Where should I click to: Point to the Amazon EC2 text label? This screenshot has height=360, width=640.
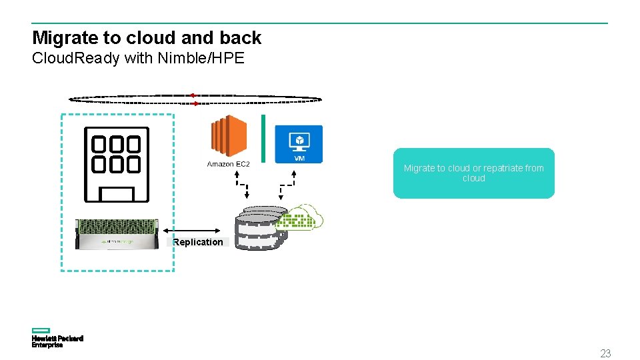(228, 164)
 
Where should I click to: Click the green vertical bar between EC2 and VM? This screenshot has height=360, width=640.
(263, 138)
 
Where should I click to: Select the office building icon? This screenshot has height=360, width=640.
(116, 164)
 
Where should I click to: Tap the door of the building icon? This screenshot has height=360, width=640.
(117, 194)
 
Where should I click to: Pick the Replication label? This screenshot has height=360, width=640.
(198, 242)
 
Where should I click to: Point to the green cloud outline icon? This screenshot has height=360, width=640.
(304, 217)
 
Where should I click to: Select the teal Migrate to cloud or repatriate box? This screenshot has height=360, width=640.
(473, 173)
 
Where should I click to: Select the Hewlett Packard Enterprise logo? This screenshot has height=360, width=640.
(57, 338)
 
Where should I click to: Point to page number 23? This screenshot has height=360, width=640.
(605, 353)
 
